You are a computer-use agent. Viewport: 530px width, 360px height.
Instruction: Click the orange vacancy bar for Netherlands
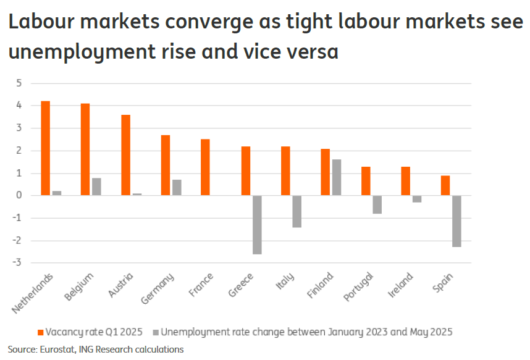pos(45,148)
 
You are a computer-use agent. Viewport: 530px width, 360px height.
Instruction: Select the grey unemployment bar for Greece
pos(257,225)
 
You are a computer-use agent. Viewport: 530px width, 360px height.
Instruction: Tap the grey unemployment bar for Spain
pos(456,221)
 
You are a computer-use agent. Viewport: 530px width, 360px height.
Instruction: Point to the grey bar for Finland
pos(337,177)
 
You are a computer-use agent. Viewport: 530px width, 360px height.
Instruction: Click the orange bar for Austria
pos(125,155)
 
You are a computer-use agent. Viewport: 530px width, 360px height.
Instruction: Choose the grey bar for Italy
pos(297,211)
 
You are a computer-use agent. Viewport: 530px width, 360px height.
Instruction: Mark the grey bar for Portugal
pos(377,204)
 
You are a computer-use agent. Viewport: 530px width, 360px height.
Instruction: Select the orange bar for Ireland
pos(405,181)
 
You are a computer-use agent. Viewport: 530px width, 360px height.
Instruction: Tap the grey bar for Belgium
pos(96,186)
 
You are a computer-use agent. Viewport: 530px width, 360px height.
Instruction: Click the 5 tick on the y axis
pos(19,83)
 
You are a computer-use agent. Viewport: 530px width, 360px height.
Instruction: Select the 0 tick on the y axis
pos(19,196)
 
